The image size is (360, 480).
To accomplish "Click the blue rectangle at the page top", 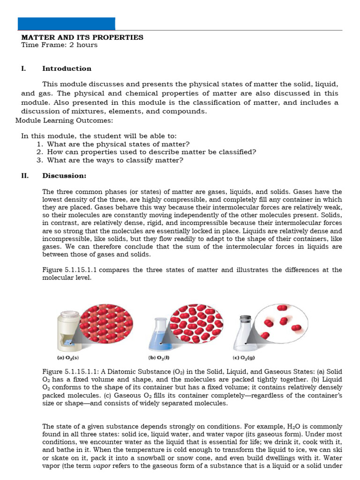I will (x=66, y=24).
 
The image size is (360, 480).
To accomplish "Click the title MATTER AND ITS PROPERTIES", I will (x=82, y=37).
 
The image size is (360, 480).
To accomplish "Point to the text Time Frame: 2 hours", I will (x=60, y=45).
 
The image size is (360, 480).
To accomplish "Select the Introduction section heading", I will (x=67, y=68).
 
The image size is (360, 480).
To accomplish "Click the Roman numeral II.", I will (x=25, y=176).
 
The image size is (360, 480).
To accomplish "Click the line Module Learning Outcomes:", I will (x=64, y=120).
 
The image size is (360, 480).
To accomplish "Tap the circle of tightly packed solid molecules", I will (x=106, y=323).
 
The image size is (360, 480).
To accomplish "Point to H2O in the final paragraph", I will (x=292, y=427).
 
